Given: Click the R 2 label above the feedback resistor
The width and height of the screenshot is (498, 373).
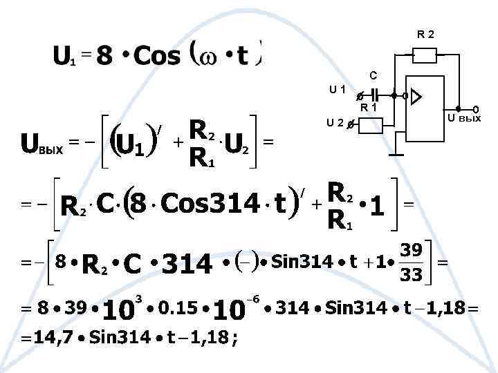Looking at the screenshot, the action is (425, 33).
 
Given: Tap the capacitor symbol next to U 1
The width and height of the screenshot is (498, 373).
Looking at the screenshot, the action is (374, 96).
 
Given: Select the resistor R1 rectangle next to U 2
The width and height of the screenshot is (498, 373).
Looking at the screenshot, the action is (370, 125).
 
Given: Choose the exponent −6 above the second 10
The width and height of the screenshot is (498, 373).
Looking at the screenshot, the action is (254, 296).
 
